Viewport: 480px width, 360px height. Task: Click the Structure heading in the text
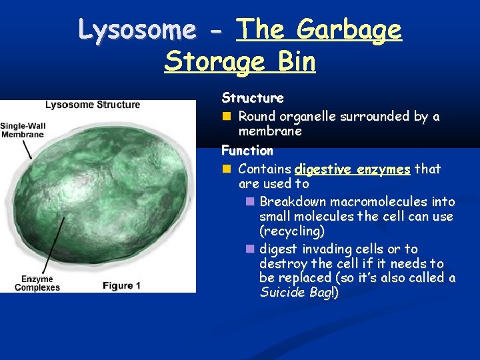point(253,98)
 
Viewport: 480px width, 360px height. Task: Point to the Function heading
point(247,151)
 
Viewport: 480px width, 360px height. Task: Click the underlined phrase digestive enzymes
point(352,169)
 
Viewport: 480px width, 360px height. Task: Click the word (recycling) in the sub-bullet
point(292,231)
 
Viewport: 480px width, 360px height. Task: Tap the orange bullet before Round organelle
point(227,117)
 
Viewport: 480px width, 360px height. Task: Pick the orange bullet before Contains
point(227,169)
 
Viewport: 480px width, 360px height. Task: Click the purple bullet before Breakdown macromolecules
point(249,201)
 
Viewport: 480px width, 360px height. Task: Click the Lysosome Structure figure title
point(93,104)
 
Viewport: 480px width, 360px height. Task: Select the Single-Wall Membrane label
point(22,130)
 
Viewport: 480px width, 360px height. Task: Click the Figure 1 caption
point(121,285)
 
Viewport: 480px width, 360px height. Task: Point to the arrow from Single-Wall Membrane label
point(28,149)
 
